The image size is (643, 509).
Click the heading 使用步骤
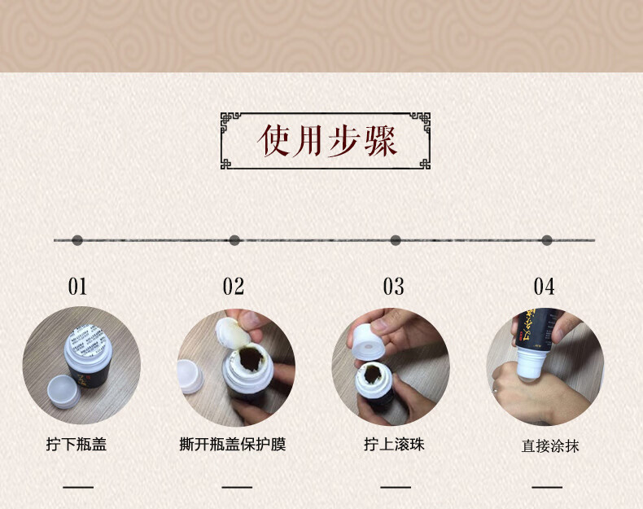click(x=326, y=141)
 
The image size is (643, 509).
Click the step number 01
click(x=77, y=287)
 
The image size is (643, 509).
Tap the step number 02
click(x=234, y=287)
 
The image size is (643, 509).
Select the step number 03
click(x=393, y=287)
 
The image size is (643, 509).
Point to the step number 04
click(x=544, y=287)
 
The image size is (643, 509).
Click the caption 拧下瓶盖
click(x=77, y=445)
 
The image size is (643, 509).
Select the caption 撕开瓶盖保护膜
click(x=233, y=445)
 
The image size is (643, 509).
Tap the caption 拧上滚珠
click(x=394, y=445)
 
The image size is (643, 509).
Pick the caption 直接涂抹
click(x=550, y=446)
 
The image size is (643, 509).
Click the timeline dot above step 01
click(x=77, y=240)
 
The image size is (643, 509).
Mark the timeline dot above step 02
click(x=234, y=240)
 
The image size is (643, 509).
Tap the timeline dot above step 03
click(x=396, y=240)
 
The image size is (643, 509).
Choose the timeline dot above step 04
click(x=547, y=240)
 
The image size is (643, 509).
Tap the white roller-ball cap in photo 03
click(x=367, y=340)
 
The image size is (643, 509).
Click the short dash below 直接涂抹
click(x=547, y=487)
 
